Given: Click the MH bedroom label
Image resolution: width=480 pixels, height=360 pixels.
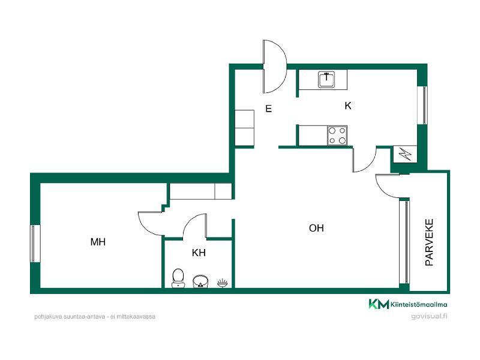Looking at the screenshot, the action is point(98,242).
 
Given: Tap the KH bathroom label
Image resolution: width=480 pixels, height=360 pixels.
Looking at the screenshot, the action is point(199,253).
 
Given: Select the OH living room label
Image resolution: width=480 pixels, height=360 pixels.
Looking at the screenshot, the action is point(316,228).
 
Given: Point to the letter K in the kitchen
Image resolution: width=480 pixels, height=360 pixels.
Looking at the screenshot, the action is point(348,106).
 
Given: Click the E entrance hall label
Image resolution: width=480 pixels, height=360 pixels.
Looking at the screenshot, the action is point(268,109).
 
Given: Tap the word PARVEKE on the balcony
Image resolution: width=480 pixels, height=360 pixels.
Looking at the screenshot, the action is point(429,242).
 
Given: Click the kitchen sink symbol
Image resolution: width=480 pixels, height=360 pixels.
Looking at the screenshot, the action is point(326,80).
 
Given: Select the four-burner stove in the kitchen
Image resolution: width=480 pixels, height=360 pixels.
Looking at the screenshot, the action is point(337,136).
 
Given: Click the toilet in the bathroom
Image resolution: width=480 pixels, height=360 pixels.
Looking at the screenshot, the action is point(178,278).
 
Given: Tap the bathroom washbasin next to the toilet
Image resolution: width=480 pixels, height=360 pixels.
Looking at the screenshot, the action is point(200,281).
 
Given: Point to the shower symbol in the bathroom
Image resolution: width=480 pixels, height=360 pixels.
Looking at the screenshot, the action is point(223,283).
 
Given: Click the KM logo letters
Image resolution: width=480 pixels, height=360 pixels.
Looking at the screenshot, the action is point(379,304).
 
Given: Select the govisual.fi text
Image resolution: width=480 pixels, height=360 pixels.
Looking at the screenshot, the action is point(429,317).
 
